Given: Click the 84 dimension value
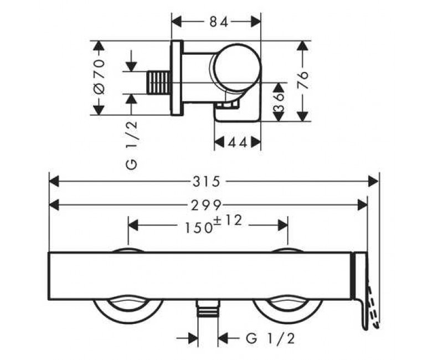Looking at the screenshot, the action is coord(219,22).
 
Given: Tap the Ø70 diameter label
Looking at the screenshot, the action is coord(99,76).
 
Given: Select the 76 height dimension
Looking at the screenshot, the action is coord(303,80).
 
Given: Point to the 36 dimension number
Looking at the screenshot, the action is coord(279,102).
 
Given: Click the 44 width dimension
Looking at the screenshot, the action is coord(237,142).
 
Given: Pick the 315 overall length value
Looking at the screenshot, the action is coord(207,182).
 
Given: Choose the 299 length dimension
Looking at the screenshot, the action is coord(207,205).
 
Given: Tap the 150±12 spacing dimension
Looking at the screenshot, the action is coord(213,224).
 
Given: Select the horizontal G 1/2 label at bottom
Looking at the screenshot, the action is coord(270,338).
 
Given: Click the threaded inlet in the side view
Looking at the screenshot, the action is coord(159,83).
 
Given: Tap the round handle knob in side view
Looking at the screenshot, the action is coord(238,67).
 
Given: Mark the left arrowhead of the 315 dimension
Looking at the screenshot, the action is coord(54,182).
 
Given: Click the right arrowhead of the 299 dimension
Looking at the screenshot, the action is coord(362,205).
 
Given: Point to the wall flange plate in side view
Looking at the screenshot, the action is coord(177,78).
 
